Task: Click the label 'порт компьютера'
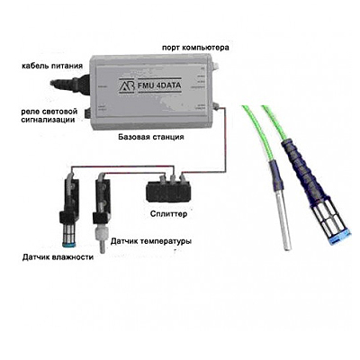point(195,48)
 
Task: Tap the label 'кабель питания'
point(52,66)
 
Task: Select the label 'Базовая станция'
point(151,137)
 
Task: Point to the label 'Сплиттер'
point(168,214)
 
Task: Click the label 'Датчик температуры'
point(151,241)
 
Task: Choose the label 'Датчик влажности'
point(58,257)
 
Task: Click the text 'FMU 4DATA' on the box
point(159,85)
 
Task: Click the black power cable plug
point(69,83)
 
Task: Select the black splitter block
point(168,192)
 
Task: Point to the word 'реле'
point(29,112)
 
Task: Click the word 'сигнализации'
point(48,120)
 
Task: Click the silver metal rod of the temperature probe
point(284,222)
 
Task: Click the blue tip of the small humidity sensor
point(69,243)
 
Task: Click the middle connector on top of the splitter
point(173,179)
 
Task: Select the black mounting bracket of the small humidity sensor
point(68,198)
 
